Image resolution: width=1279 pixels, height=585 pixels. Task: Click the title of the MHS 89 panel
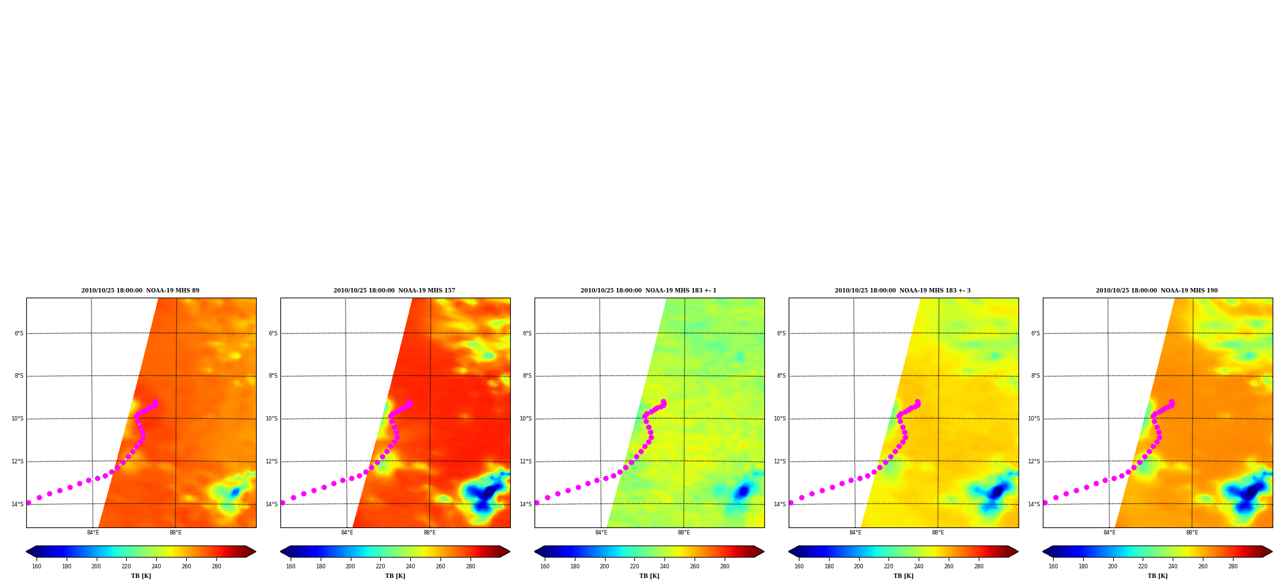pyautogui.click(x=140, y=291)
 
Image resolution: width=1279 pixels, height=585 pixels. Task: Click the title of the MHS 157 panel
pyautogui.click(x=394, y=291)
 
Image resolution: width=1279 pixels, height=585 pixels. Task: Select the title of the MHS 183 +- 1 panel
pyautogui.click(x=648, y=291)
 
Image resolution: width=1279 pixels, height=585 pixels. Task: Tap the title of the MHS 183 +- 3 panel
pyautogui.click(x=903, y=291)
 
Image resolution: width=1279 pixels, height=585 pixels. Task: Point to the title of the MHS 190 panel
pyautogui.click(x=1157, y=291)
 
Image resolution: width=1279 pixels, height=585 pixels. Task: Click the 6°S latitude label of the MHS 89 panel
pyautogui.click(x=19, y=333)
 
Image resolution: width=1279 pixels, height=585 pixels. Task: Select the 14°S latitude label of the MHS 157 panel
pyautogui.click(x=272, y=504)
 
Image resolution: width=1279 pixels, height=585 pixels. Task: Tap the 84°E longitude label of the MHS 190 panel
pyautogui.click(x=1109, y=533)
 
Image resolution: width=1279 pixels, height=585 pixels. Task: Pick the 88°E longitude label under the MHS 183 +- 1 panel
pyautogui.click(x=684, y=533)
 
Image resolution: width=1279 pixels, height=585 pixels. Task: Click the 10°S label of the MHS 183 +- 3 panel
pyautogui.click(x=780, y=419)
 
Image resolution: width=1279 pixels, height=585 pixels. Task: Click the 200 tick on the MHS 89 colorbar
pyautogui.click(x=96, y=566)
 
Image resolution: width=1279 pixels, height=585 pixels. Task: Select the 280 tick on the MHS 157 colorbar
pyautogui.click(x=471, y=566)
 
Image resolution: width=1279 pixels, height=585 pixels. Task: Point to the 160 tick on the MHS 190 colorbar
pyautogui.click(x=1053, y=566)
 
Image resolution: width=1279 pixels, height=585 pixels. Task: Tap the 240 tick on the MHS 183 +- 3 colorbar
pyautogui.click(x=919, y=566)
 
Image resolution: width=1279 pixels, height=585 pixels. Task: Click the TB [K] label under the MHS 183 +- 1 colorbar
pyautogui.click(x=649, y=576)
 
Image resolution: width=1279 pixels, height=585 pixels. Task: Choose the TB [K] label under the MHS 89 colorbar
pyautogui.click(x=141, y=576)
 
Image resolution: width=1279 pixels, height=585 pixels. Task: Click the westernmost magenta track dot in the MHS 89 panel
pyautogui.click(x=28, y=502)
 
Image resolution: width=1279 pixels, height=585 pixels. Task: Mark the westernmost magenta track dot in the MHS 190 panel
pyautogui.click(x=1045, y=502)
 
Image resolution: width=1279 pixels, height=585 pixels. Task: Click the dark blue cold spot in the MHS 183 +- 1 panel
pyautogui.click(x=742, y=492)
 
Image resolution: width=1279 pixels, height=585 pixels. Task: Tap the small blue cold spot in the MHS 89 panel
pyautogui.click(x=235, y=492)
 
